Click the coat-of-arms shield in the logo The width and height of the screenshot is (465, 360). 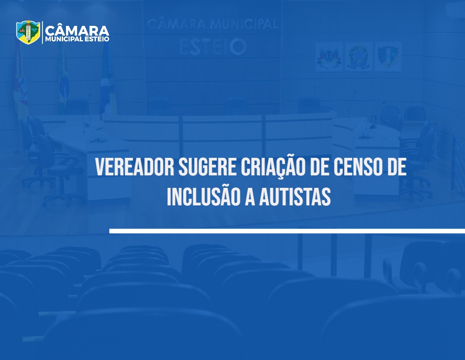[x=28, y=32]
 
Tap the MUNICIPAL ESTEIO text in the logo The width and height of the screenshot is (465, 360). [x=77, y=39]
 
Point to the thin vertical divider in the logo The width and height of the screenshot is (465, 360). [x=42, y=32]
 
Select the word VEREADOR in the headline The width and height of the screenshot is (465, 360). [x=135, y=168]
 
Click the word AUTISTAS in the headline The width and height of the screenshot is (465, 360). [x=295, y=197]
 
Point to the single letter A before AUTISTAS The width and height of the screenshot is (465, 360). [x=250, y=197]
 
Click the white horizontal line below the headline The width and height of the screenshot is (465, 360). [x=287, y=231]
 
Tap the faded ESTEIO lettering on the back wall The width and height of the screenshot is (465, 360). [x=213, y=47]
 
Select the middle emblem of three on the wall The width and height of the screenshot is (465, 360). [x=358, y=56]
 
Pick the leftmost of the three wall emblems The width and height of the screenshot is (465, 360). [x=329, y=56]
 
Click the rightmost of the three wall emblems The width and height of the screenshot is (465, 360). [x=388, y=56]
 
